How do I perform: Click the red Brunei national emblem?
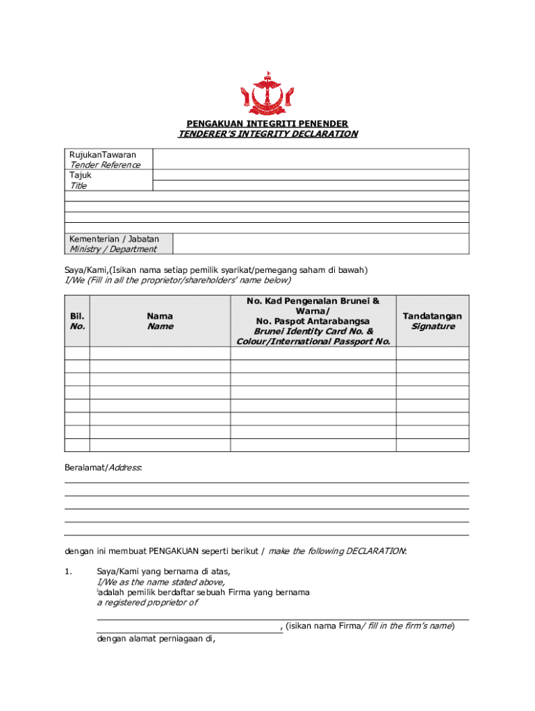[x=267, y=93]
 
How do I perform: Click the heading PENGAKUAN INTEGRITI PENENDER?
[x=267, y=124]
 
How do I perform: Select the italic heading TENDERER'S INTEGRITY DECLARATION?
[x=267, y=134]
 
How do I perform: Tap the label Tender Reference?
[x=104, y=165]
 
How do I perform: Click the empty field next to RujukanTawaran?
[x=311, y=159]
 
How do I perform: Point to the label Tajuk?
[x=81, y=175]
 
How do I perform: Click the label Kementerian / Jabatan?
[x=114, y=239]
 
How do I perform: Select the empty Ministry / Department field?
[x=320, y=244]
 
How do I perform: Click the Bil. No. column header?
[x=77, y=321]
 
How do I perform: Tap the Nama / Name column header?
[x=160, y=321]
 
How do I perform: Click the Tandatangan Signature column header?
[x=432, y=321]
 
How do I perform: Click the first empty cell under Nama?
[x=160, y=353]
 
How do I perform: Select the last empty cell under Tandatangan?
[x=432, y=445]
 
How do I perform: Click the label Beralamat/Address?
[x=103, y=468]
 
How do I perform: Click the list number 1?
[x=68, y=571]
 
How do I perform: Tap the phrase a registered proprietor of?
[x=147, y=603]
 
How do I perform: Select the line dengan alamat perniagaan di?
[x=156, y=639]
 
